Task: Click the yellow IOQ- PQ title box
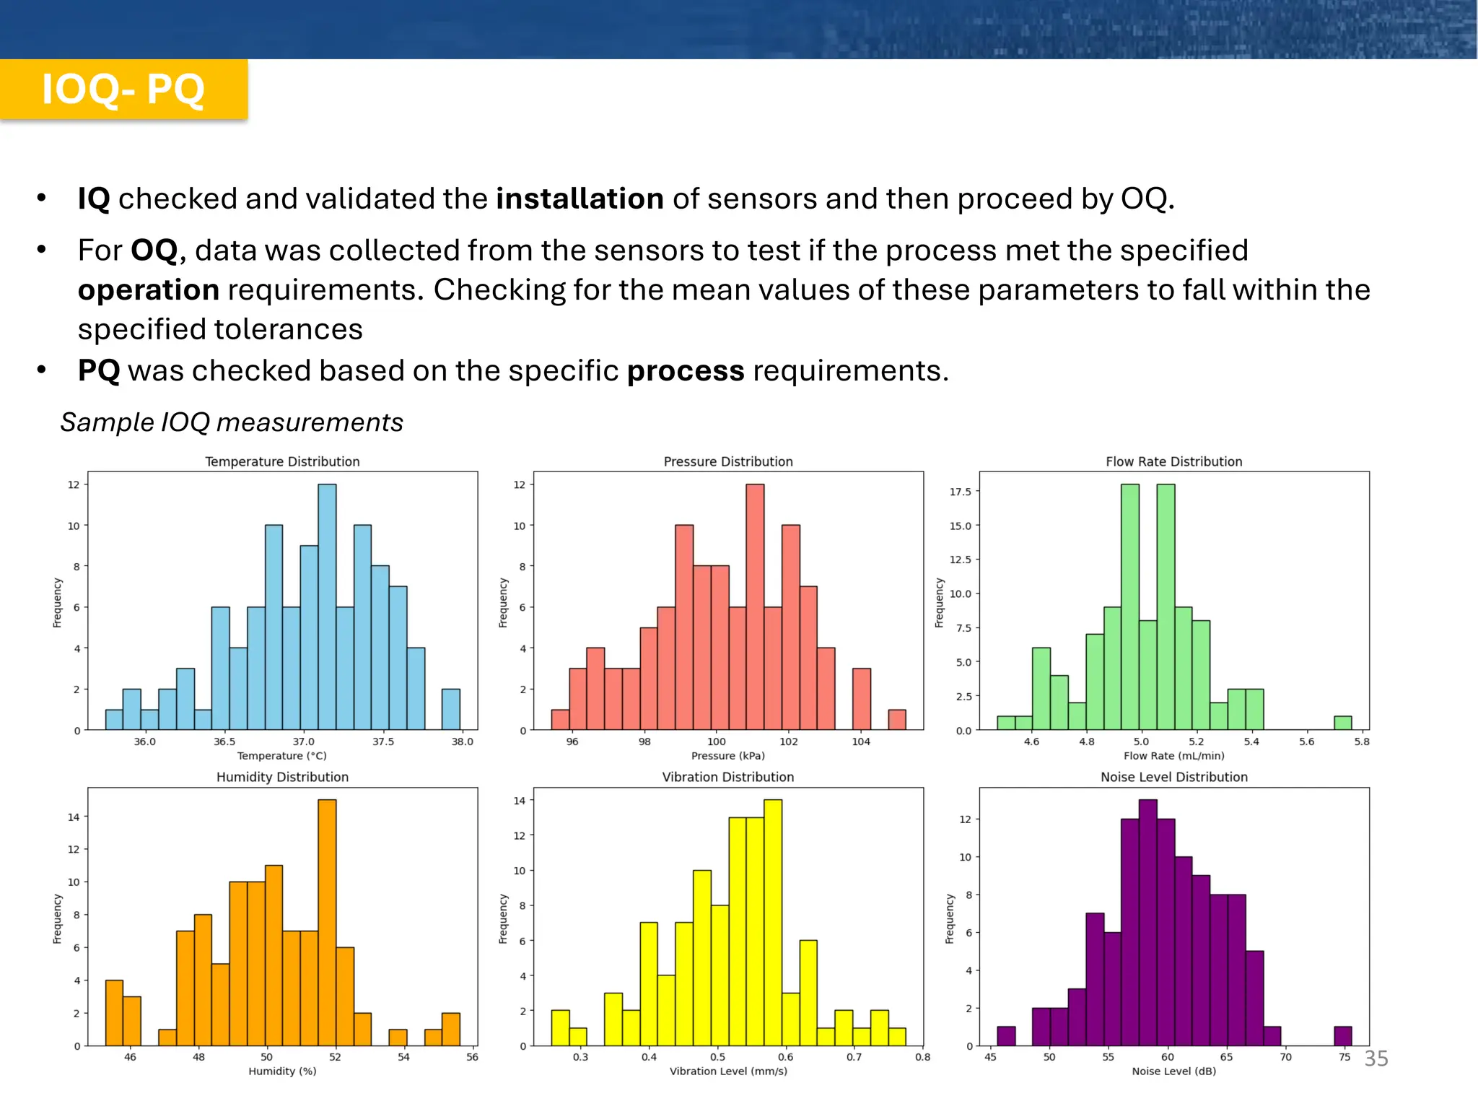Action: click(x=123, y=90)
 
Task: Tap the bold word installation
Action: click(x=580, y=199)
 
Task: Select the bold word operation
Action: click(x=149, y=290)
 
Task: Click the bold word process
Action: click(x=685, y=371)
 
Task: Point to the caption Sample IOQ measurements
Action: click(x=232, y=422)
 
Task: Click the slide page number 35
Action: click(x=1376, y=1058)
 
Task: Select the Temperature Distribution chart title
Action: click(x=282, y=461)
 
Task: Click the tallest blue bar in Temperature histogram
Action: click(x=327, y=606)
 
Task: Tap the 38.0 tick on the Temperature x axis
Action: click(x=462, y=741)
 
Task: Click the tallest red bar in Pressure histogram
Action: click(x=755, y=606)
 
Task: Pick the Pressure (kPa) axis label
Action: click(x=727, y=756)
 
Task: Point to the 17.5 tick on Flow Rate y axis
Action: click(x=960, y=492)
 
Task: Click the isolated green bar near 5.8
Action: click(x=1342, y=723)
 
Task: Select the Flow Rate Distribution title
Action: click(x=1173, y=461)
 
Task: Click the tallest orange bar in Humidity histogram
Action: click(x=327, y=923)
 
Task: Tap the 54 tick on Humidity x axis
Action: click(x=403, y=1057)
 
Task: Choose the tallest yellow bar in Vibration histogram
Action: click(x=773, y=923)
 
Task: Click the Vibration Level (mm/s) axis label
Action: click(x=727, y=1071)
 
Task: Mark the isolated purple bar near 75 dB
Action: click(x=1342, y=1036)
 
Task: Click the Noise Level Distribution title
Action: click(x=1173, y=777)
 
